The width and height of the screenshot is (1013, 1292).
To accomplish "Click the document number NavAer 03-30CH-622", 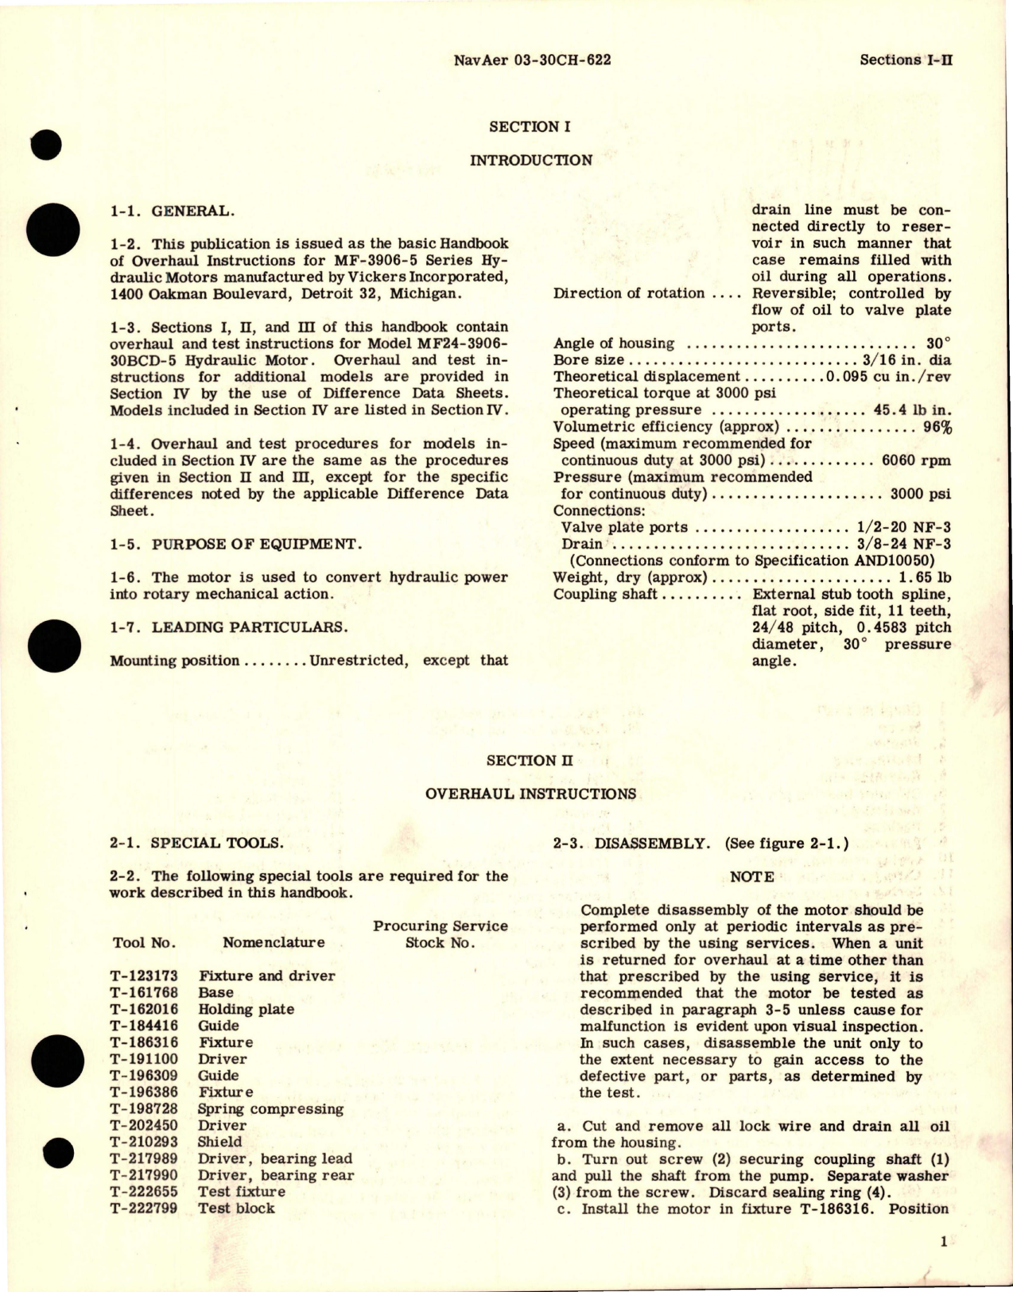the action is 531,60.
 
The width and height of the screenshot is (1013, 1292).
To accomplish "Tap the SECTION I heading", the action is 530,126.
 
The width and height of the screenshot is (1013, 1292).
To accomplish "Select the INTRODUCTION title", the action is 530,160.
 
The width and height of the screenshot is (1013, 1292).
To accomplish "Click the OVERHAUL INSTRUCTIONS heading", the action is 530,793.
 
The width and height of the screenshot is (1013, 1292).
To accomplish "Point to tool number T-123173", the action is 145,976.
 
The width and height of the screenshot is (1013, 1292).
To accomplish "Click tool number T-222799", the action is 145,1208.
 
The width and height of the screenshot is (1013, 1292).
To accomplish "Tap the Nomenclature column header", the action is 273,942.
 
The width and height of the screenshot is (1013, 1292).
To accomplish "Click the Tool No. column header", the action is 143,942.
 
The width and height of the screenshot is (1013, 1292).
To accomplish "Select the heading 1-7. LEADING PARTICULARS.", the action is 228,627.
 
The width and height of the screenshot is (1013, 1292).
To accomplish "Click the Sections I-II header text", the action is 906,60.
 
